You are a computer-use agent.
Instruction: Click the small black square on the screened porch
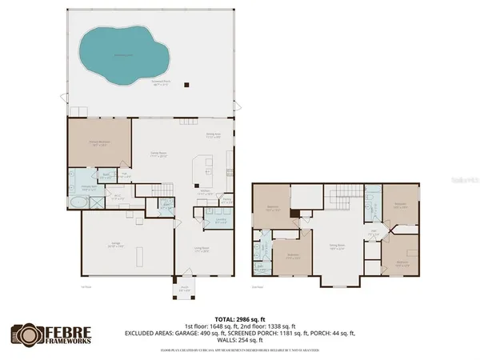(186, 83)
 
